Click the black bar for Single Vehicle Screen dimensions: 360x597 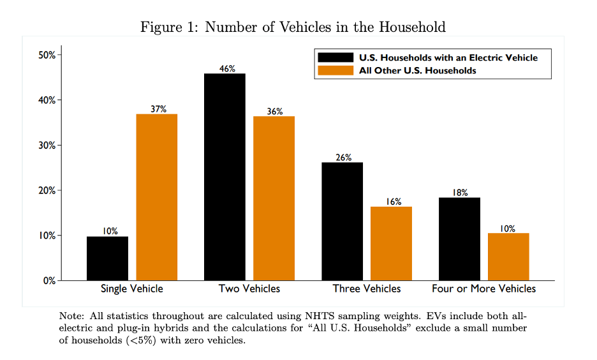point(107,258)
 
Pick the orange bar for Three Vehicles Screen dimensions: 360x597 point(391,243)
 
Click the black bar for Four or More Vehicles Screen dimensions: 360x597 point(459,239)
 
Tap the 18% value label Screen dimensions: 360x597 point(461,192)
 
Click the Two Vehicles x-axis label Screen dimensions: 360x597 point(249,289)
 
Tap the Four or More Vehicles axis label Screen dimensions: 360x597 point(483,289)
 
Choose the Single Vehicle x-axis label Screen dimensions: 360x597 point(132,289)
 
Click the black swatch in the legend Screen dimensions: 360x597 point(335,57)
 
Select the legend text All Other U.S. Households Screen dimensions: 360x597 point(418,70)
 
